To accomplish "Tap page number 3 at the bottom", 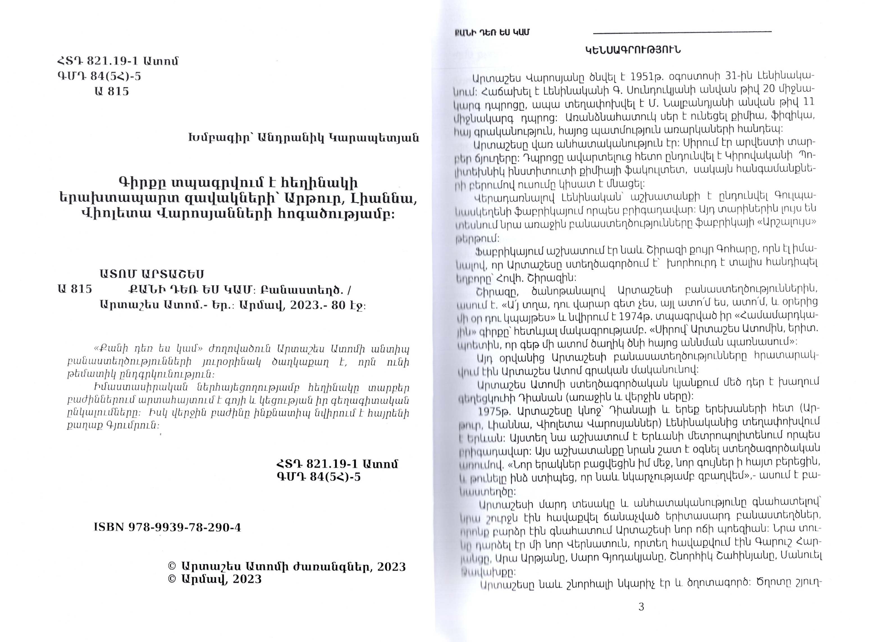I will (641, 607).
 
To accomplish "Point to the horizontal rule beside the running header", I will (682, 31).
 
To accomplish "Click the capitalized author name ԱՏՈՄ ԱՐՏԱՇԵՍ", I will (152, 274).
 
